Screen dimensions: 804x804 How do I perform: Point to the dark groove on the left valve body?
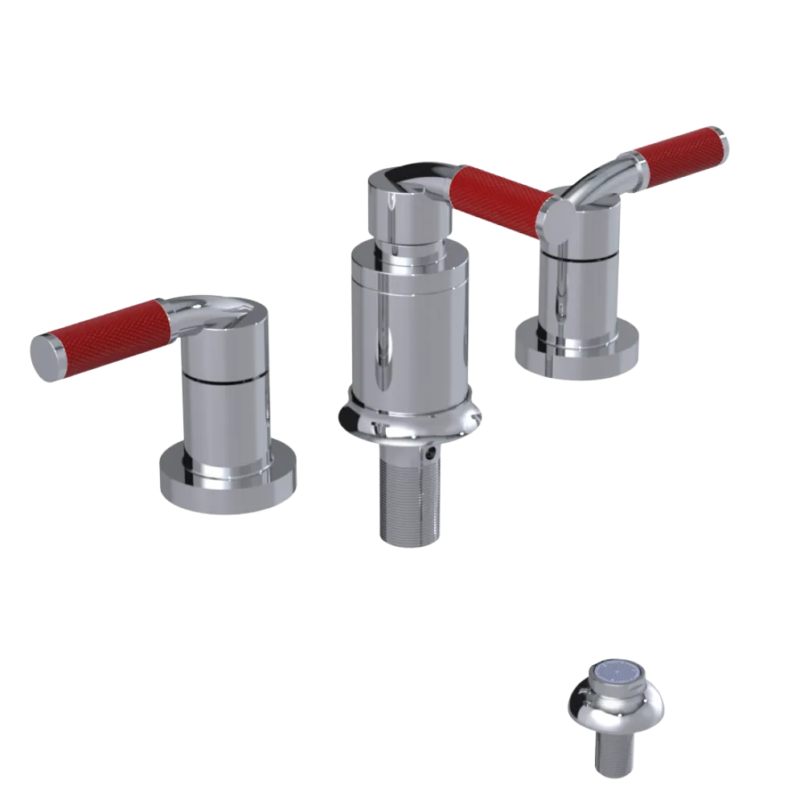[225, 377]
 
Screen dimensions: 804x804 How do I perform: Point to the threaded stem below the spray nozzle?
[615, 756]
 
